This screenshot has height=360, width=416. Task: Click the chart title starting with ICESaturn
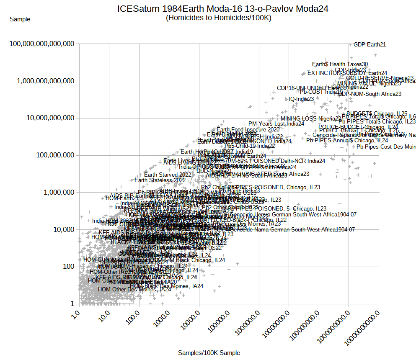coord(222,8)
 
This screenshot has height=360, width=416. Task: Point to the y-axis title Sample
coord(20,19)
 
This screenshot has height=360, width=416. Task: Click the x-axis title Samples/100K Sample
coord(209,353)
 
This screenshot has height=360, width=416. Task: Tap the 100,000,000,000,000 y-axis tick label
coord(45,44)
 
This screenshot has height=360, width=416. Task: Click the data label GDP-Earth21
coord(369,44)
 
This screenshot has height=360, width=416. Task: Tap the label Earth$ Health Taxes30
coord(340,64)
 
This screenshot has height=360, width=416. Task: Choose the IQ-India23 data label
coord(301,99)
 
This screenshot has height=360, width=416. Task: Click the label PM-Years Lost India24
coord(276,123)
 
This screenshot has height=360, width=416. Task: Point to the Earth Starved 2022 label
coord(168,175)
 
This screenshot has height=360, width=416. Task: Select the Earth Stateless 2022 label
coord(160,180)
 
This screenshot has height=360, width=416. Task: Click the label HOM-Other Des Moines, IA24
coord(134,289)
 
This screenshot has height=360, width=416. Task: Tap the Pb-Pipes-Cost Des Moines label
coord(386,147)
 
